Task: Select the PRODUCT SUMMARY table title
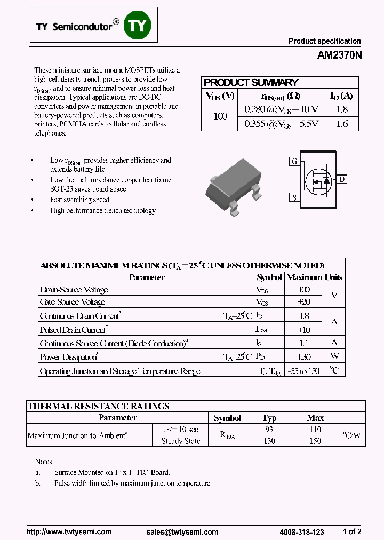(251, 83)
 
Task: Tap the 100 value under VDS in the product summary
(220, 116)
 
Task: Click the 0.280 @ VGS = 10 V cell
(281, 109)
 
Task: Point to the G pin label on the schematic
(294, 161)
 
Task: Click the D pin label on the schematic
(341, 179)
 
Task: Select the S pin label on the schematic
(294, 197)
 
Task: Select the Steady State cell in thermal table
(181, 441)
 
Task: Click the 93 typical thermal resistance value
(269, 430)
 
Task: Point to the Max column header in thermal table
(315, 418)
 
